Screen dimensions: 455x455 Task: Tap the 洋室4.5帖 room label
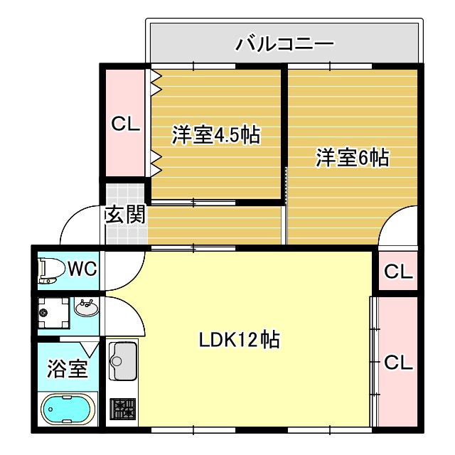(x=215, y=134)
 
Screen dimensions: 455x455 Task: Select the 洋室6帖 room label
(x=352, y=158)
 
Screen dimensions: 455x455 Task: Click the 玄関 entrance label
(x=125, y=215)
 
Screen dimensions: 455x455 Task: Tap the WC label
(x=82, y=269)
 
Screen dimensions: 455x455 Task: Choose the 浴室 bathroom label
(x=67, y=369)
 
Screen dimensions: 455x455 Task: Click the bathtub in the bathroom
(x=68, y=411)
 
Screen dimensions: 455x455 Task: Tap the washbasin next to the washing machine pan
(x=87, y=309)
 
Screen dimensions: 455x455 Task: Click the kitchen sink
(x=122, y=360)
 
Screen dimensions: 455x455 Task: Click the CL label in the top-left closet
(x=125, y=124)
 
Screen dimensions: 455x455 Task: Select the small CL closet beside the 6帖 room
(x=397, y=271)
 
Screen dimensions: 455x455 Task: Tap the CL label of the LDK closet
(x=397, y=363)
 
